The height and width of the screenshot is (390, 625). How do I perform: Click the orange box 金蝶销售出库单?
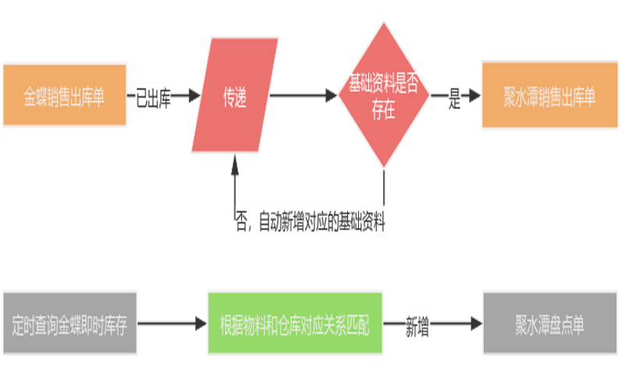64,94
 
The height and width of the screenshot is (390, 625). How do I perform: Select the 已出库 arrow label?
153,97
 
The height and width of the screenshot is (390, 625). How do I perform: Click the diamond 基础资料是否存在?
383,95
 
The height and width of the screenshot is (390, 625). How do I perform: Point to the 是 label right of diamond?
455,97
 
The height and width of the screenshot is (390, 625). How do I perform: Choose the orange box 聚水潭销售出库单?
549,95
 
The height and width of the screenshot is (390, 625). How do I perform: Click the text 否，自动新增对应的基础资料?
311,222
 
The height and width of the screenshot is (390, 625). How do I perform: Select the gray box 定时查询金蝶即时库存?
70,324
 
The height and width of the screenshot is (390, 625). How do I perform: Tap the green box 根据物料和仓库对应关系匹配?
295,324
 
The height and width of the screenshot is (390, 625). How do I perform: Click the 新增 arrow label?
417,325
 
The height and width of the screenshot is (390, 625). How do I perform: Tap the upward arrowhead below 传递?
235,161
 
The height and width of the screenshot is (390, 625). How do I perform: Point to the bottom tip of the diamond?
383,168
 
